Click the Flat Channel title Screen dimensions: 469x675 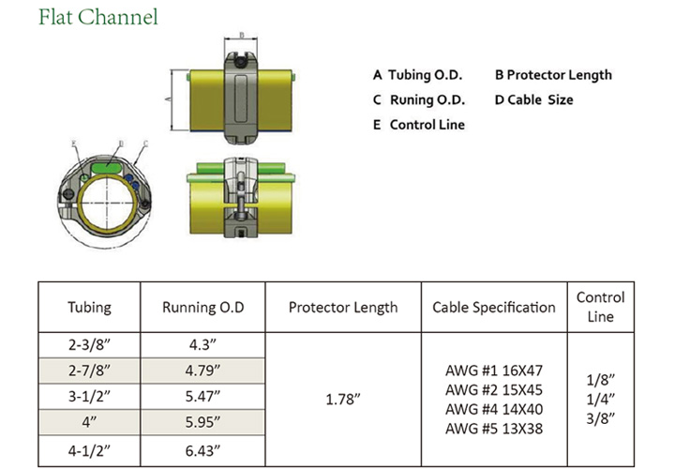98,17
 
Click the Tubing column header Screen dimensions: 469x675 89,307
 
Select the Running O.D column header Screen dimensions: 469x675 202,307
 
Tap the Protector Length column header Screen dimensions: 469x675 342,307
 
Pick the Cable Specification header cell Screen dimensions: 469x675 493,307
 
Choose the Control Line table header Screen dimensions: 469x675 600,307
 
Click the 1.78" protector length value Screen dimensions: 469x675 342,398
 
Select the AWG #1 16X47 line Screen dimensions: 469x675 493,371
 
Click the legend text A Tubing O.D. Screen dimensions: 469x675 418,75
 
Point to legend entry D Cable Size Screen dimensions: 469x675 533,99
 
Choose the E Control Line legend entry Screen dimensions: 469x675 418,124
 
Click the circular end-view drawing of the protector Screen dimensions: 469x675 106,193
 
